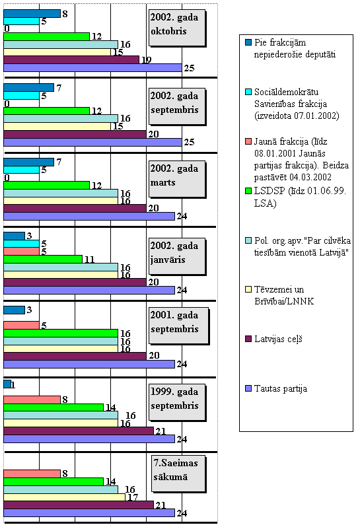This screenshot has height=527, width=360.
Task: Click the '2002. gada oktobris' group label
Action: [174, 24]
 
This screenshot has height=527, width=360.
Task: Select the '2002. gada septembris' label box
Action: [174, 103]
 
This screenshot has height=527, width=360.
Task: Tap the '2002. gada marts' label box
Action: [174, 176]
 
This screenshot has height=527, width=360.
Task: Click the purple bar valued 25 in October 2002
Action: [92, 67]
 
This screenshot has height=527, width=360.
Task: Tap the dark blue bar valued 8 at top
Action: [32, 13]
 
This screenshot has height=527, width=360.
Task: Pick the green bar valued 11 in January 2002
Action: [43, 259]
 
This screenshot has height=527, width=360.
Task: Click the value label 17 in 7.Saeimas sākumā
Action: [132, 497]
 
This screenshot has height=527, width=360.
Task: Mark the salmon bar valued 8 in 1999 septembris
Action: [32, 399]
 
